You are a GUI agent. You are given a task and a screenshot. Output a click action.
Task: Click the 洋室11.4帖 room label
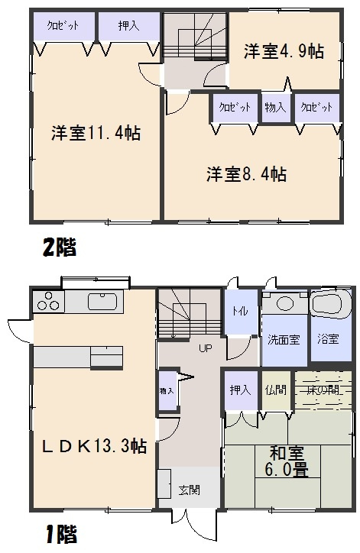[96, 134]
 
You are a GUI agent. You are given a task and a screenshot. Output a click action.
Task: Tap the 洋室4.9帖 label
[284, 51]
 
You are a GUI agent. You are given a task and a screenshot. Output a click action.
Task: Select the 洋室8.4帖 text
[246, 174]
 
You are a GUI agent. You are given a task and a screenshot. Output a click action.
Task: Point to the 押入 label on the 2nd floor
[129, 26]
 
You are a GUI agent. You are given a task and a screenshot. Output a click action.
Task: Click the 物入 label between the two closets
[275, 107]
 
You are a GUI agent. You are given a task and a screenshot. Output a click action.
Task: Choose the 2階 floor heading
[60, 247]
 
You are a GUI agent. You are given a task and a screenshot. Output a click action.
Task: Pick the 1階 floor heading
[60, 535]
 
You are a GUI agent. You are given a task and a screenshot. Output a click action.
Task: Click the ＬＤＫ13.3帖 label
[94, 447]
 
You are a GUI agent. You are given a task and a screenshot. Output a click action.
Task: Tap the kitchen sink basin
[102, 302]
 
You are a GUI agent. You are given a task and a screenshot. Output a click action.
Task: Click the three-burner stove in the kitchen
[48, 301]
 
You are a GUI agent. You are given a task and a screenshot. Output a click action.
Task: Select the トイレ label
[240, 311]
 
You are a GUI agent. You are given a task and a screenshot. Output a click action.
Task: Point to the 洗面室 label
[284, 340]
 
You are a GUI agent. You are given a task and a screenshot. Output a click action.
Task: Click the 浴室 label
[328, 339]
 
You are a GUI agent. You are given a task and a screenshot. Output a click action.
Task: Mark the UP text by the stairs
[206, 348]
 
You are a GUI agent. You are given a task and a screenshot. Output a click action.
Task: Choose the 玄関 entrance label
[190, 490]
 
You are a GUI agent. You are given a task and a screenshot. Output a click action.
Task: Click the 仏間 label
[276, 390]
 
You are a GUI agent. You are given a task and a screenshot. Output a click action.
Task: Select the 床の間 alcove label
[323, 390]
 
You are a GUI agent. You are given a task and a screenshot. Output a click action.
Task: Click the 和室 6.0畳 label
[287, 461]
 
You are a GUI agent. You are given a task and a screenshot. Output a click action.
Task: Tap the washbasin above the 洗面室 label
[285, 302]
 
